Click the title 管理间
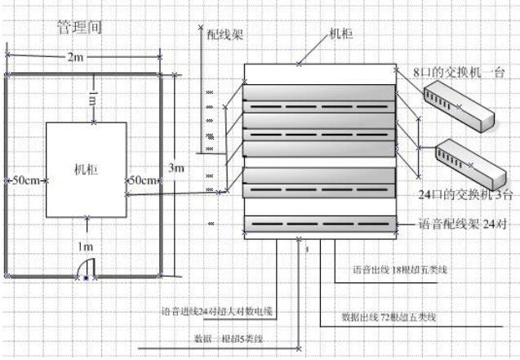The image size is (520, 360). (x=79, y=27)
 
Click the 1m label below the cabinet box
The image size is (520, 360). (x=86, y=246)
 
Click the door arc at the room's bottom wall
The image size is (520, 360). (x=86, y=266)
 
